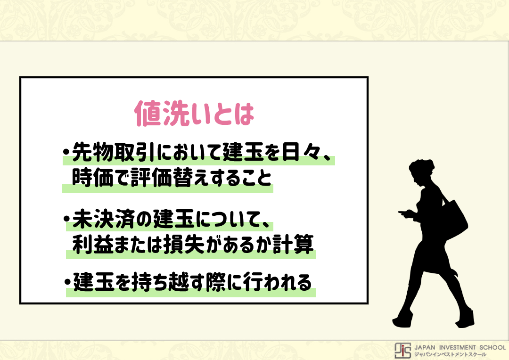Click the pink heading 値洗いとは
(194, 113)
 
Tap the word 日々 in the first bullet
(302, 152)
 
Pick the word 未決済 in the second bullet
(103, 219)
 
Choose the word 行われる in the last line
(278, 282)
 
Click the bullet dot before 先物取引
(66, 152)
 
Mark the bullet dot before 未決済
(67, 219)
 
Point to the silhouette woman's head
(422, 172)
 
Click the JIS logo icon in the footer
(402, 350)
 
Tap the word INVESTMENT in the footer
(457, 347)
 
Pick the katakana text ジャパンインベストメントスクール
(450, 354)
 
